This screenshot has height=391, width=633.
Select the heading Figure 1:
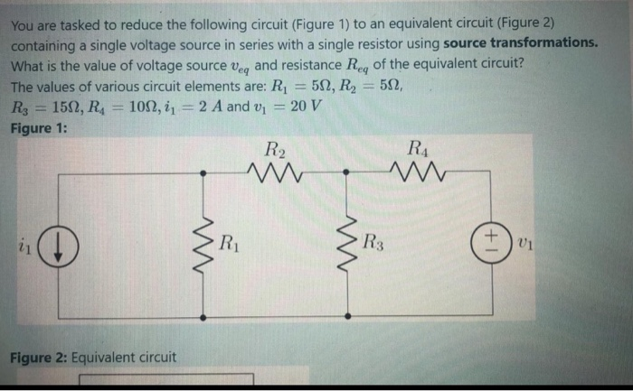pyautogui.click(x=38, y=127)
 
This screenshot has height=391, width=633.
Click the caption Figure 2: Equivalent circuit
pyautogui.click(x=93, y=358)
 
